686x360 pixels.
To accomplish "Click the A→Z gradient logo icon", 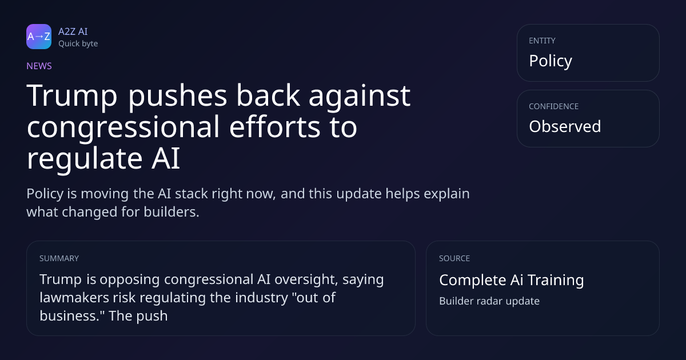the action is tap(39, 37).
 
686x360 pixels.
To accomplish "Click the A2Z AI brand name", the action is tap(73, 31).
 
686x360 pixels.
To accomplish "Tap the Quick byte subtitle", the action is tap(78, 44).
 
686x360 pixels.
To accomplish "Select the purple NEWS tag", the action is tap(39, 66).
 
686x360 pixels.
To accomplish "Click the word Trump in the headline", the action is tap(72, 96).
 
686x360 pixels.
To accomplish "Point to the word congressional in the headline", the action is tap(123, 127).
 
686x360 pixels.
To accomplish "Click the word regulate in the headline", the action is tap(85, 159).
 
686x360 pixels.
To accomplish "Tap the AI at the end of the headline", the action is tap(166, 158).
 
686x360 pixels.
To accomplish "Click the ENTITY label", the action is tap(542, 41).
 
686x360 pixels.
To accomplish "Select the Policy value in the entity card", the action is tap(551, 61).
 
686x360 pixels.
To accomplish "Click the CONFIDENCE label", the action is tap(554, 106).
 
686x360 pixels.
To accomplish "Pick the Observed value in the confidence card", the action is tap(565, 126).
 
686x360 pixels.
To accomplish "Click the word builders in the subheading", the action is tap(171, 212).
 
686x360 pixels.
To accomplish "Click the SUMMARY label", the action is tap(59, 258).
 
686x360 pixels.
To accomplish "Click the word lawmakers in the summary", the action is tap(74, 298).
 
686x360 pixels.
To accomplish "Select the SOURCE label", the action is tap(454, 258).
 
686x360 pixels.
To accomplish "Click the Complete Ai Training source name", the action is tap(512, 280).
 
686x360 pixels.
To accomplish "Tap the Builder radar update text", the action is tap(489, 301).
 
